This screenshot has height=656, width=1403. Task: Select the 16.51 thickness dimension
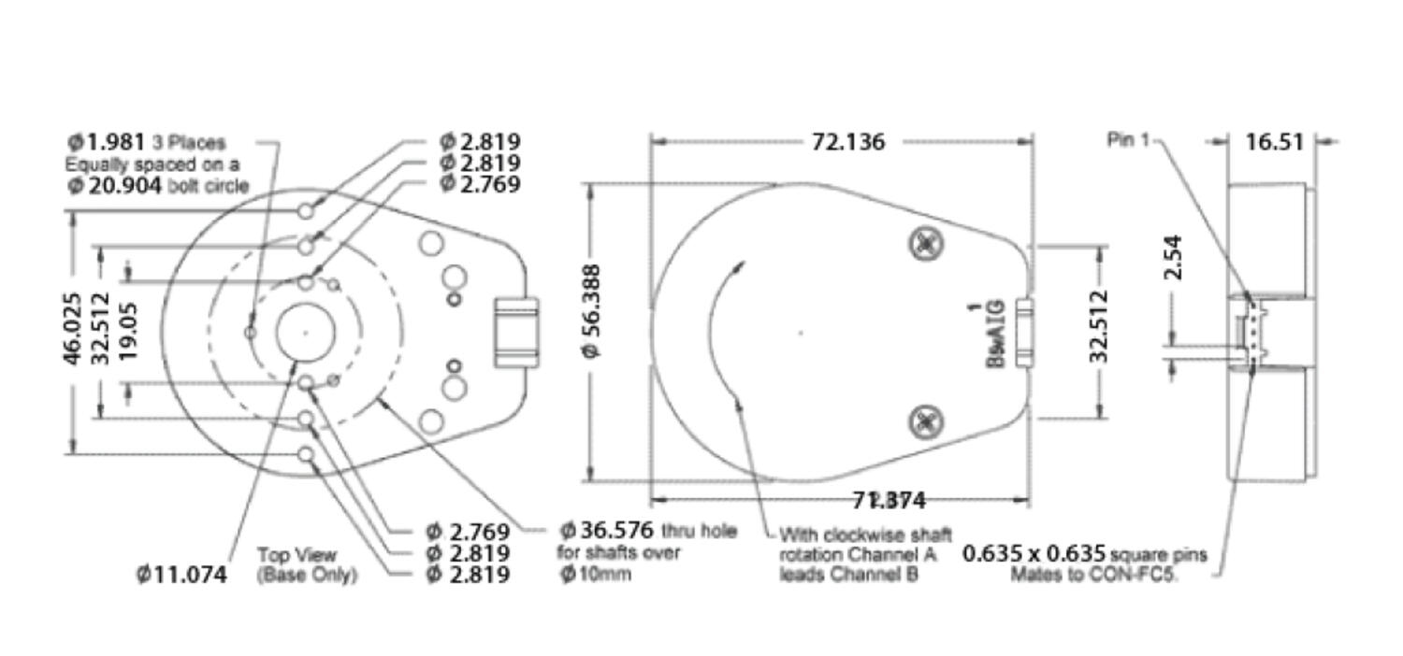tap(1273, 141)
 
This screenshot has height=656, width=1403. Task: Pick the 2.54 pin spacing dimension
tap(1173, 257)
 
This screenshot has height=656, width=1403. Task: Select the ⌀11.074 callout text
tap(181, 575)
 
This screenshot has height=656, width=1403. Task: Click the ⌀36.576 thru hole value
tap(607, 532)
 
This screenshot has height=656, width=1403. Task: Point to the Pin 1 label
tap(1127, 140)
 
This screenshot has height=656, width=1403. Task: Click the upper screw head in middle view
tap(926, 245)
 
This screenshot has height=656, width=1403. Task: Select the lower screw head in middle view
tap(926, 421)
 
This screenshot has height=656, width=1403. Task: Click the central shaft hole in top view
tap(306, 332)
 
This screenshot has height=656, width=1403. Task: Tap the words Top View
tap(297, 555)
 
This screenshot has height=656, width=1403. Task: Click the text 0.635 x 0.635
tap(1034, 554)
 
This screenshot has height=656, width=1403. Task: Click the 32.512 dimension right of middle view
tap(1099, 326)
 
